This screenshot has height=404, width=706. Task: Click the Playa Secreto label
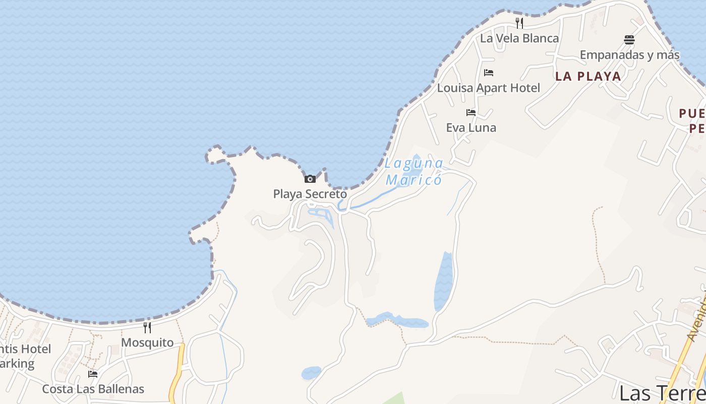click(310, 194)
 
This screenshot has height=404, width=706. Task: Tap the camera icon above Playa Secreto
click(310, 179)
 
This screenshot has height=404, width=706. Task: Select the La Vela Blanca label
click(519, 38)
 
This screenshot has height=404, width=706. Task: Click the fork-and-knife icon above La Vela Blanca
click(519, 23)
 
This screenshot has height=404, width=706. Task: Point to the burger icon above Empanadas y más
click(629, 39)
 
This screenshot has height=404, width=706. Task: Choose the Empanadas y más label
click(629, 55)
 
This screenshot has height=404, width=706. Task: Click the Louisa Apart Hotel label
click(488, 88)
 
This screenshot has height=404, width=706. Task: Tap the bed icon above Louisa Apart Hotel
click(488, 73)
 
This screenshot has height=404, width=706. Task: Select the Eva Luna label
click(471, 128)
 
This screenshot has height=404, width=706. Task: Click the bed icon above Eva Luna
click(471, 112)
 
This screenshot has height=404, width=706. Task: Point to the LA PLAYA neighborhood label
click(588, 76)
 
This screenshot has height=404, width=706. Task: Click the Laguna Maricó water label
click(414, 172)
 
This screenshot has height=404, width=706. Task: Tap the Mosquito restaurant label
click(147, 343)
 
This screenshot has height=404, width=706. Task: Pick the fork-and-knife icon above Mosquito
click(147, 327)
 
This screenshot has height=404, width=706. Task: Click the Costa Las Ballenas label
click(93, 389)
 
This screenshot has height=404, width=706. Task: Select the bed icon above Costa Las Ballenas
click(93, 374)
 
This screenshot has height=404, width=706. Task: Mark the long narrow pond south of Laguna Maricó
click(444, 281)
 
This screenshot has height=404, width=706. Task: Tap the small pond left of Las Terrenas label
click(311, 373)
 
